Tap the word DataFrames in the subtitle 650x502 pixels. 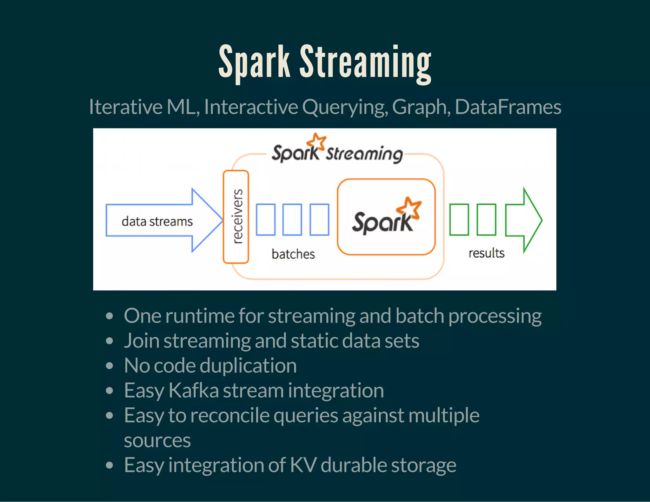[x=508, y=107]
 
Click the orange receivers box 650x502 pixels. [x=236, y=217]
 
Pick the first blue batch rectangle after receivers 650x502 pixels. [x=265, y=220]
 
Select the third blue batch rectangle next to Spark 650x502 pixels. [x=319, y=220]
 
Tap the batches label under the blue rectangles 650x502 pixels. [x=293, y=254]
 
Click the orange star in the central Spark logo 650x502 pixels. [x=409, y=208]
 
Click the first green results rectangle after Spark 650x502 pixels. [x=459, y=220]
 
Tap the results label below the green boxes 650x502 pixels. [x=486, y=253]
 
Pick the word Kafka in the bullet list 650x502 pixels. [x=194, y=390]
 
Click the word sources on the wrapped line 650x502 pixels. [x=157, y=440]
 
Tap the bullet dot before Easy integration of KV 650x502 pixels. [x=109, y=465]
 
